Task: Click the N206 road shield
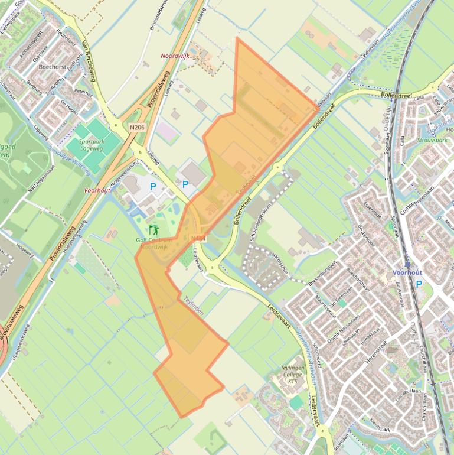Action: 137,127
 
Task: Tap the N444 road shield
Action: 199,238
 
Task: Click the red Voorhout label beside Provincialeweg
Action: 97,190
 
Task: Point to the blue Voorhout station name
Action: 407,273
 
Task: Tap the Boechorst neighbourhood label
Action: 52,67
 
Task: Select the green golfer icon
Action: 155,229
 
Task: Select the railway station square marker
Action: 407,264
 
